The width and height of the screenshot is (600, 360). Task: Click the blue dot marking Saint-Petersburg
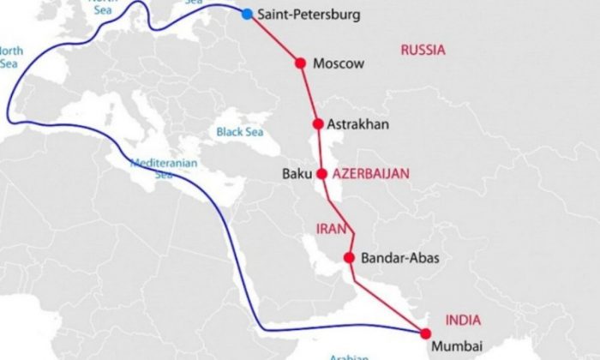248,15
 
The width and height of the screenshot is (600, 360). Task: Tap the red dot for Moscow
300,63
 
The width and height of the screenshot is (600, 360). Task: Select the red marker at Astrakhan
318,124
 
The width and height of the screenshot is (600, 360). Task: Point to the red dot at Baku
321,173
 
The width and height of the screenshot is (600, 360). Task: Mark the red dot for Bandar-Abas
349,257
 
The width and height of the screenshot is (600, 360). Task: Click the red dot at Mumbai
425,333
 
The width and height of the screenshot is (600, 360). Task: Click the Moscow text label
339,63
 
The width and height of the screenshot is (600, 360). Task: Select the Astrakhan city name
360,125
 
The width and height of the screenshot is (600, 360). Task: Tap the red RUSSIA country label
423,50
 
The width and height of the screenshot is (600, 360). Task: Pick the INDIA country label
463,320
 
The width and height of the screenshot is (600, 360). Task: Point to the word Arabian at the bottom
350,356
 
